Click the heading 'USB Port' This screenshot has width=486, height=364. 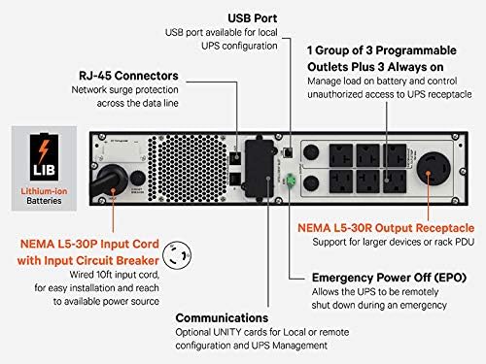click(253, 18)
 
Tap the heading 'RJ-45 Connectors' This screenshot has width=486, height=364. click(128, 76)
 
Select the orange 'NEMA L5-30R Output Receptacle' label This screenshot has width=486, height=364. click(386, 228)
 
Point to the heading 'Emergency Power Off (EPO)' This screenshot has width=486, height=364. click(389, 278)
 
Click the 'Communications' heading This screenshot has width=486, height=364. click(222, 318)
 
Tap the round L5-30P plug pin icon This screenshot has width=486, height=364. click(177, 255)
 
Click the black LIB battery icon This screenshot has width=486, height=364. click(44, 157)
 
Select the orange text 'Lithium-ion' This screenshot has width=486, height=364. click(44, 191)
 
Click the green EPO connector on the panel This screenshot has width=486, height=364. click(291, 180)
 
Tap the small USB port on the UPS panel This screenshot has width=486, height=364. click(288, 152)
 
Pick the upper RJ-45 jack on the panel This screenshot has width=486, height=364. click(235, 157)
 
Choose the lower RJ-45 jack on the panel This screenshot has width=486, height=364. click(235, 179)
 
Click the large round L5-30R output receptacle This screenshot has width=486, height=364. click(434, 169)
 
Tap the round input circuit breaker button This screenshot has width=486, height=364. click(137, 179)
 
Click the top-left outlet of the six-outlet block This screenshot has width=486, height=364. click(341, 155)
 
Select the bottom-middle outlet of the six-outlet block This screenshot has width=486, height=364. click(367, 182)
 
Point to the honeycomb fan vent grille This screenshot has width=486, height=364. click(188, 168)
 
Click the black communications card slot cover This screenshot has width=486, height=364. click(260, 168)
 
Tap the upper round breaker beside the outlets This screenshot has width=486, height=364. click(311, 152)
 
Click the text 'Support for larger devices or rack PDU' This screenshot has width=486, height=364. click(394, 242)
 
